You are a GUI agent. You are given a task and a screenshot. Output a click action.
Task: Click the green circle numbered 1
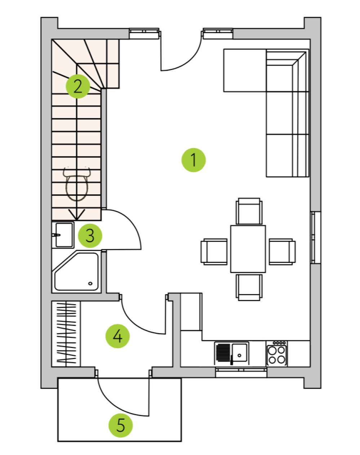point(194,160)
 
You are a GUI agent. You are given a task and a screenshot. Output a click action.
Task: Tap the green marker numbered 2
point(78,86)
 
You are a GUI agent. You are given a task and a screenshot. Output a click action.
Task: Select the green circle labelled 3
point(90,235)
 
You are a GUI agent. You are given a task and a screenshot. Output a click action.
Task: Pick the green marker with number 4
point(117,336)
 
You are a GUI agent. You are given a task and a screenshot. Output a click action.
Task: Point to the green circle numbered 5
point(121,425)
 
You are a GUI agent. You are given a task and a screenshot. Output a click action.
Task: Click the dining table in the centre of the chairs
point(248,249)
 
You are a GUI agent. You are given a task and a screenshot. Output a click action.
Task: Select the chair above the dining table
point(249,211)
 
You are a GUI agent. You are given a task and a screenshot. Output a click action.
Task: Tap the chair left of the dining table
point(214,252)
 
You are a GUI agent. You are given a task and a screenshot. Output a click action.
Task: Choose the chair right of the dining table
point(282,252)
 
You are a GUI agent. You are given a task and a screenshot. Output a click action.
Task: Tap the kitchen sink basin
point(240,353)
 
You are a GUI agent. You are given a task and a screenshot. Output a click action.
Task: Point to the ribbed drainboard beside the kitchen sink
point(223,353)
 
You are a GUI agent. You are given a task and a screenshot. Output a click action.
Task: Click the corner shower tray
point(76,271)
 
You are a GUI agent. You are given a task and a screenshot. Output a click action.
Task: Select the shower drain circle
point(90,283)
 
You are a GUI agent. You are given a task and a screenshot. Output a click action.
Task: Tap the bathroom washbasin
point(63,235)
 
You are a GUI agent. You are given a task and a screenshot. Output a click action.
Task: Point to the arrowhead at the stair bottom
point(76,215)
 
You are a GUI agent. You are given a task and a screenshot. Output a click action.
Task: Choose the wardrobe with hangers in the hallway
point(66,334)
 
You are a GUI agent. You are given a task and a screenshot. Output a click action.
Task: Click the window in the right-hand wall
point(316,238)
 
